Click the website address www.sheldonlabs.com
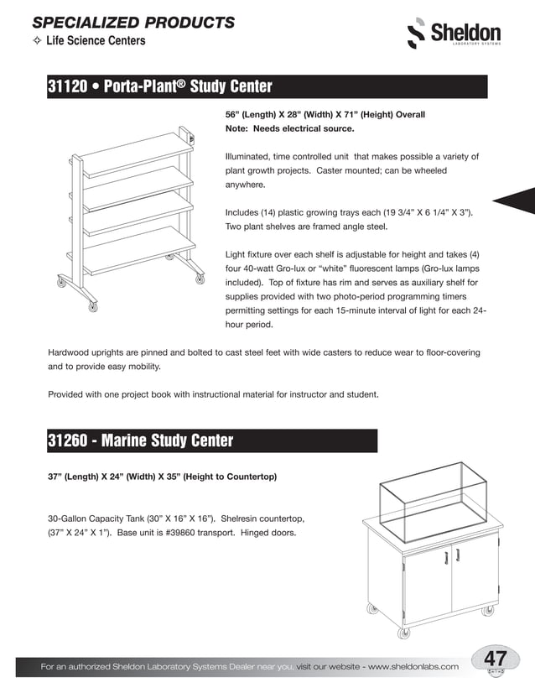413,666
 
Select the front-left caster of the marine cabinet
403,632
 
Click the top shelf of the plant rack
138,154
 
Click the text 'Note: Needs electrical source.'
289,129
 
